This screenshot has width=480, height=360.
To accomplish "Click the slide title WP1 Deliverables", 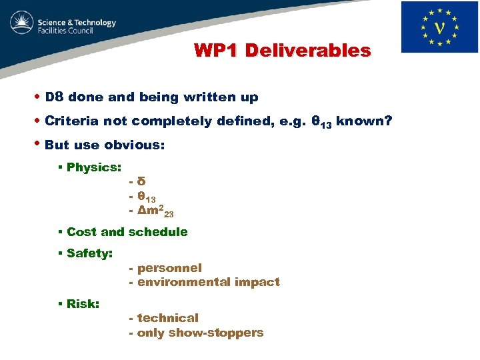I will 282,51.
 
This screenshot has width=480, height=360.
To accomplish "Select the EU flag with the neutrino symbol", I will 439,27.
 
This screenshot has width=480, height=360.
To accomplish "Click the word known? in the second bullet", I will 363,121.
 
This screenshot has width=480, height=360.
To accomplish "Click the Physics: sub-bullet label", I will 94,167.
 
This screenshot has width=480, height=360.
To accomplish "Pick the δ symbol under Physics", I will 141,182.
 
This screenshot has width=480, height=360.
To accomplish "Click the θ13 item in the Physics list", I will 146,197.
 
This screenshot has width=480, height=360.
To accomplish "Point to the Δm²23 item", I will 155,212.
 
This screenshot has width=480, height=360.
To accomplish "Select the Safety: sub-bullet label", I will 89,253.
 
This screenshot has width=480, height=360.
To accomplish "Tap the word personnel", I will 169,268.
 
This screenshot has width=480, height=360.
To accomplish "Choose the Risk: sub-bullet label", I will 83,304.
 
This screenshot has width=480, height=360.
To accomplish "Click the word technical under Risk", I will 167,318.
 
